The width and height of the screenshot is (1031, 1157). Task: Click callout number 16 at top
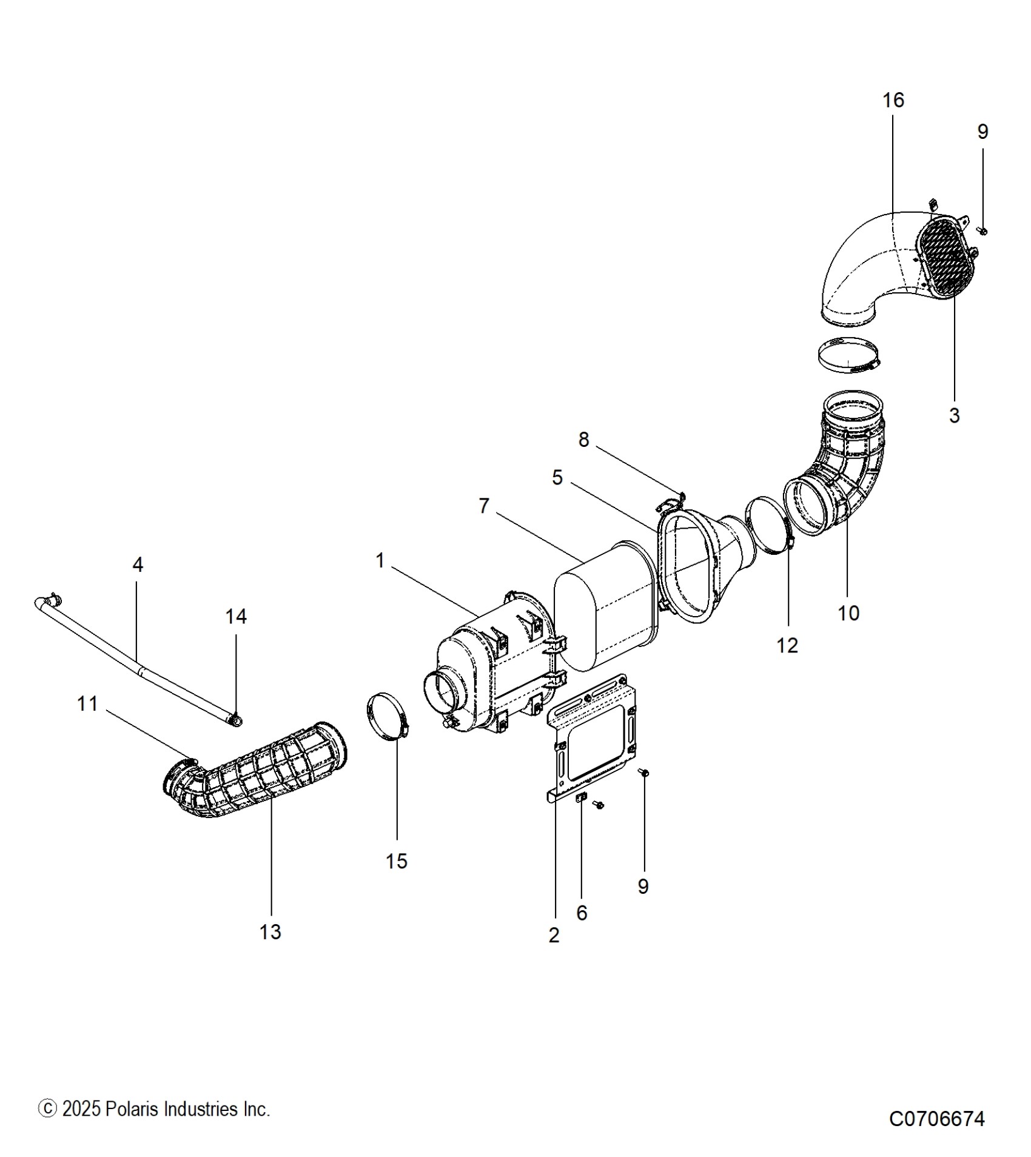(893, 101)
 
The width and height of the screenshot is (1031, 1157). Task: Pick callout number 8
(583, 440)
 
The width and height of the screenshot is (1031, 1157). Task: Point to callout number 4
(138, 565)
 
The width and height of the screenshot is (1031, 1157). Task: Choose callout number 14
(236, 617)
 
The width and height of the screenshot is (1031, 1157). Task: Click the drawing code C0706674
(937, 1118)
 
